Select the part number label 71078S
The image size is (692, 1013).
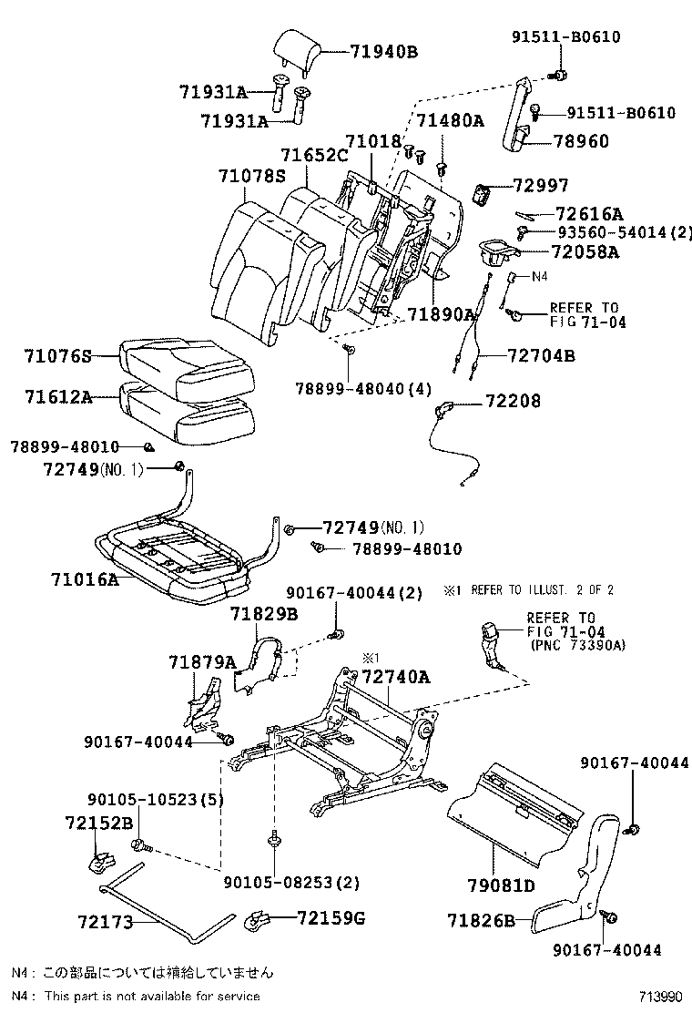point(251,177)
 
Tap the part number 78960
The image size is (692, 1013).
point(581,141)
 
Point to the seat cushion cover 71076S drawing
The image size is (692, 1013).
point(187,368)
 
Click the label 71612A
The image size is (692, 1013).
point(58,396)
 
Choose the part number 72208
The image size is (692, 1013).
point(513,401)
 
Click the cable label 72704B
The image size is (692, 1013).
point(541,356)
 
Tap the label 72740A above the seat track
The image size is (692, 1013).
point(396,677)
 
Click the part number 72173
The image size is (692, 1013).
point(106,922)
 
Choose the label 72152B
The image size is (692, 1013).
point(98,824)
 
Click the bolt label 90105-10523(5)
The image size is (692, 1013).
point(156,800)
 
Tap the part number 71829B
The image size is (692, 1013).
point(264,614)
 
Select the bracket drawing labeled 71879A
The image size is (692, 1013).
point(201,704)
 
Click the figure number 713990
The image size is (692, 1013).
point(660,997)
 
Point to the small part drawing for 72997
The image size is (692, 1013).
point(483,193)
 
